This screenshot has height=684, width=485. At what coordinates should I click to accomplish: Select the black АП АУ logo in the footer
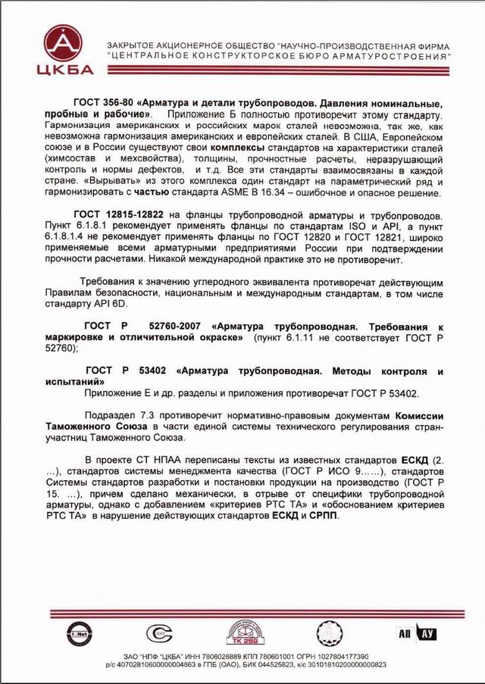pyautogui.click(x=415, y=633)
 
